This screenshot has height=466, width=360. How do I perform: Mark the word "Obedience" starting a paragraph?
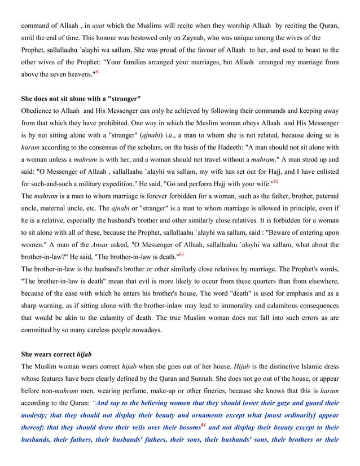pyautogui.click(x=38, y=109)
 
